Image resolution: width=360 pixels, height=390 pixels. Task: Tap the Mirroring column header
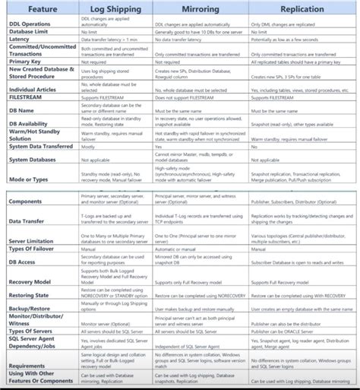201,8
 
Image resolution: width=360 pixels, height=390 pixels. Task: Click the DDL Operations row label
29,23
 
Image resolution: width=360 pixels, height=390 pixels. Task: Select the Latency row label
17,39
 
